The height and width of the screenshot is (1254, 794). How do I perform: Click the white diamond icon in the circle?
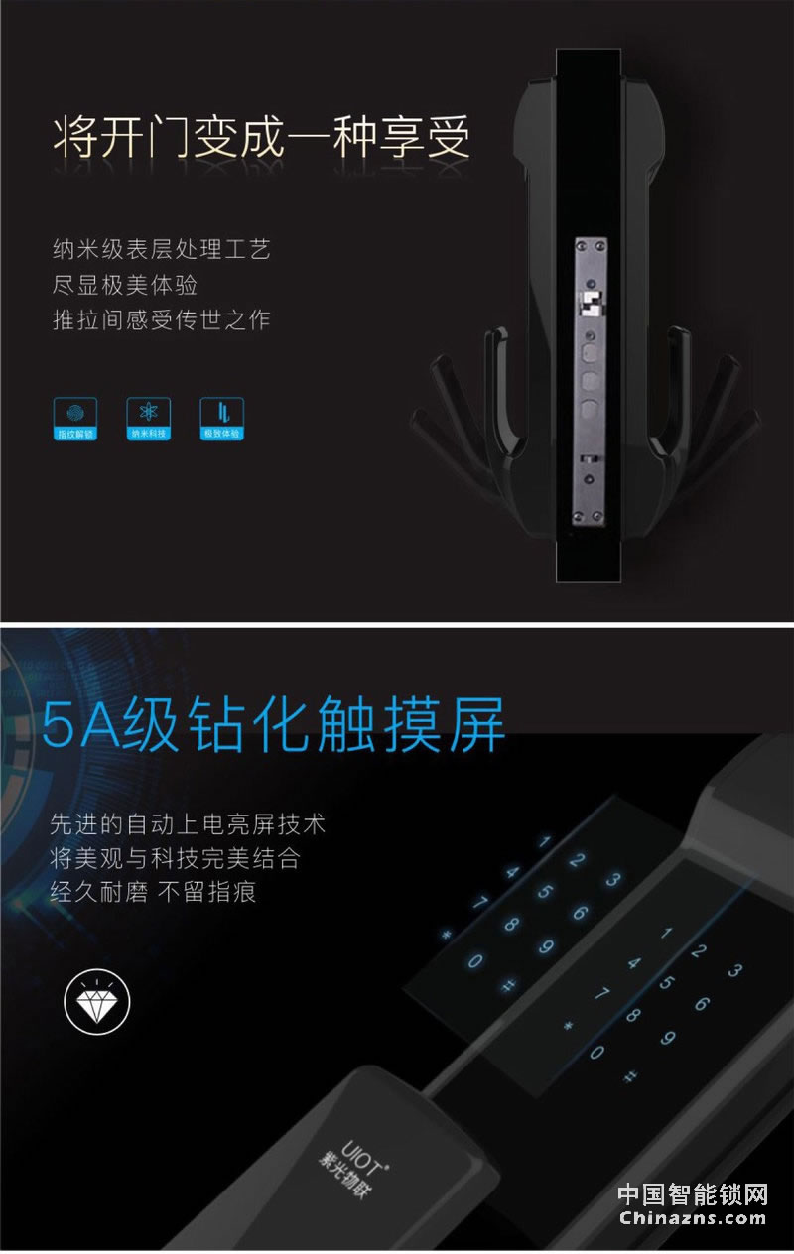(97, 1003)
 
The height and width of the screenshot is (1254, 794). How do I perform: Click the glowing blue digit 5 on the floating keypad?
(545, 890)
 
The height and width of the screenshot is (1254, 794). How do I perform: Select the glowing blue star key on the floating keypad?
(446, 936)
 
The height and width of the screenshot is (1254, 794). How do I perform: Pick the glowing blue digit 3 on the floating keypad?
(612, 879)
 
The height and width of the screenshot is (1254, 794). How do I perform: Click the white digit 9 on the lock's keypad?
(667, 1038)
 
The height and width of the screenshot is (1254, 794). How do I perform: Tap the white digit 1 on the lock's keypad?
(666, 933)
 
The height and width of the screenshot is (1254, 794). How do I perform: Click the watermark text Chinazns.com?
(693, 1219)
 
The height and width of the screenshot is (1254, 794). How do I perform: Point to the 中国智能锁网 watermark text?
(693, 1193)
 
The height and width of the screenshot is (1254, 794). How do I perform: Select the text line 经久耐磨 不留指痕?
(154, 891)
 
